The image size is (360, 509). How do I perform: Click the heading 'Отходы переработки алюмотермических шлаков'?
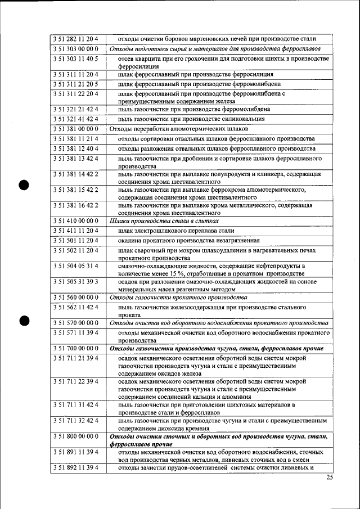click(x=178, y=129)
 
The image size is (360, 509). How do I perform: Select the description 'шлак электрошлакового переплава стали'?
click(x=176, y=231)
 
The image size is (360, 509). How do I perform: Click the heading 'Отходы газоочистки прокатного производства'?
click(x=178, y=297)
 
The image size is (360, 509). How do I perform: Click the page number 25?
click(x=329, y=478)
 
